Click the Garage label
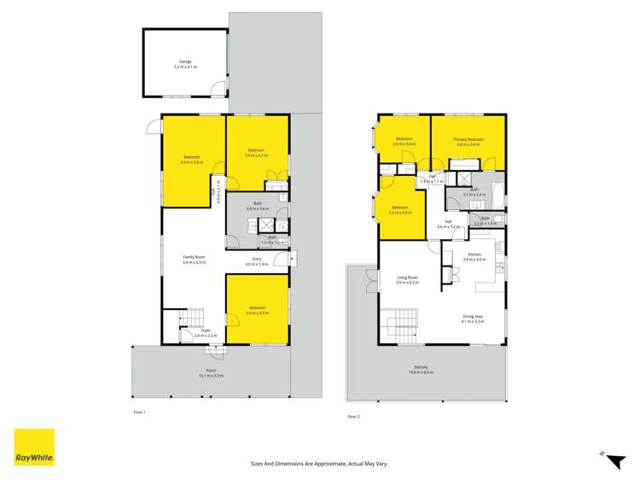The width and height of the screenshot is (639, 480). [x=185, y=61]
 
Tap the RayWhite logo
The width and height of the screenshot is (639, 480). [x=34, y=448]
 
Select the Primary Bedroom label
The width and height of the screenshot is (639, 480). [x=468, y=139]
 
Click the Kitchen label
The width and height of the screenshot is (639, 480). [x=473, y=255]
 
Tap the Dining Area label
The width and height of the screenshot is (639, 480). [x=473, y=317]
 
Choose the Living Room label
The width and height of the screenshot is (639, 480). [x=406, y=278]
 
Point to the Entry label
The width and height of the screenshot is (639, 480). [x=256, y=260]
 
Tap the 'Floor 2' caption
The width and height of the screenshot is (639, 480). [x=353, y=416]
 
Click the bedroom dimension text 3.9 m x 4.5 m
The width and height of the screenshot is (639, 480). [x=257, y=313]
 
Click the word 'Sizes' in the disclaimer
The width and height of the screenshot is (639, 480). [x=257, y=463]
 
